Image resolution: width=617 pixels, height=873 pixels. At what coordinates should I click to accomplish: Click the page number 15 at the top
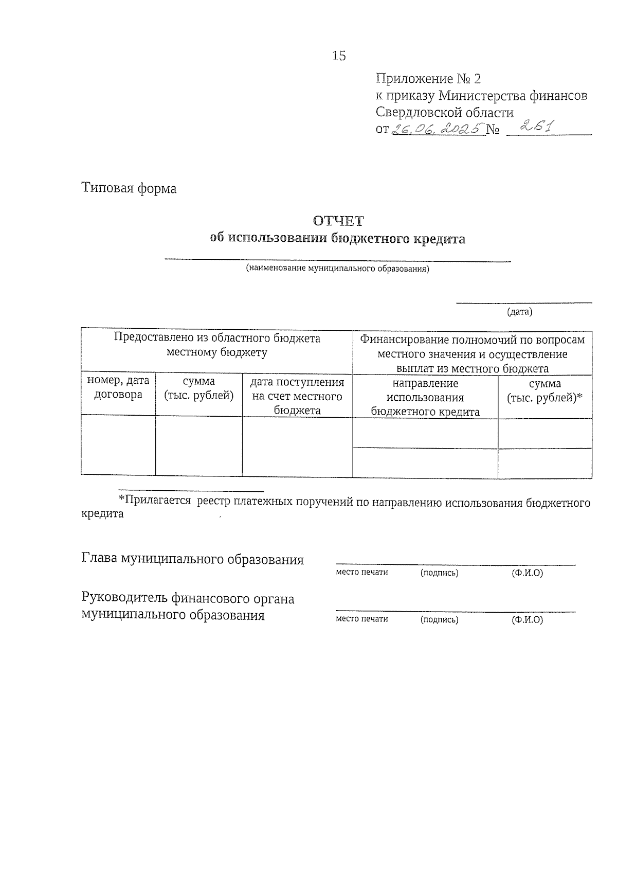[x=339, y=56]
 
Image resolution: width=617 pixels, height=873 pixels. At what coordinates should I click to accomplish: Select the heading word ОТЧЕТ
[x=338, y=221]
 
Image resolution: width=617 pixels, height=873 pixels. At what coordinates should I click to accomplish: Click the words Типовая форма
[x=129, y=188]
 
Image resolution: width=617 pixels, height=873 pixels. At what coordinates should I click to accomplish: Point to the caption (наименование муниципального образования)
[x=337, y=268]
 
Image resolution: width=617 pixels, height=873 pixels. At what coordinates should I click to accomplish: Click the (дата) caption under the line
[x=519, y=312]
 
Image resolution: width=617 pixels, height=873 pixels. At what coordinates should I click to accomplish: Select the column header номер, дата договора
[x=118, y=387]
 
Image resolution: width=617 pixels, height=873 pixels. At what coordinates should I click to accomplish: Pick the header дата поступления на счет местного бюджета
[x=297, y=396]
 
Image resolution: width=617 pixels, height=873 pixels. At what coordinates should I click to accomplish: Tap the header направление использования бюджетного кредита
[x=425, y=397]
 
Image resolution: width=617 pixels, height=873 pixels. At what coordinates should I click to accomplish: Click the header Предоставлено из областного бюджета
[x=216, y=345]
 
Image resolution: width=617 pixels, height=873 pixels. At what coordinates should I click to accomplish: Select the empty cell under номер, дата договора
[x=118, y=446]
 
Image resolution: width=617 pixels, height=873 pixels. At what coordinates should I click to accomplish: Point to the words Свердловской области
[x=444, y=112]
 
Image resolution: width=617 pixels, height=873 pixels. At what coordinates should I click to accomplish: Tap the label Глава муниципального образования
[x=192, y=559]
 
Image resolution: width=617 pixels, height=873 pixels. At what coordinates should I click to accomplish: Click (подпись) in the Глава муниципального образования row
[x=439, y=573]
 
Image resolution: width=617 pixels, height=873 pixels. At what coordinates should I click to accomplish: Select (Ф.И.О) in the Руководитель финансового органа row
[x=527, y=619]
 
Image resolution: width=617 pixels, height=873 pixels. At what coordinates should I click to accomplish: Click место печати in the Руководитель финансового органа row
[x=361, y=619]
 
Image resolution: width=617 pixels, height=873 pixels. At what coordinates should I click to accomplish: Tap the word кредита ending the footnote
[x=102, y=514]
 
